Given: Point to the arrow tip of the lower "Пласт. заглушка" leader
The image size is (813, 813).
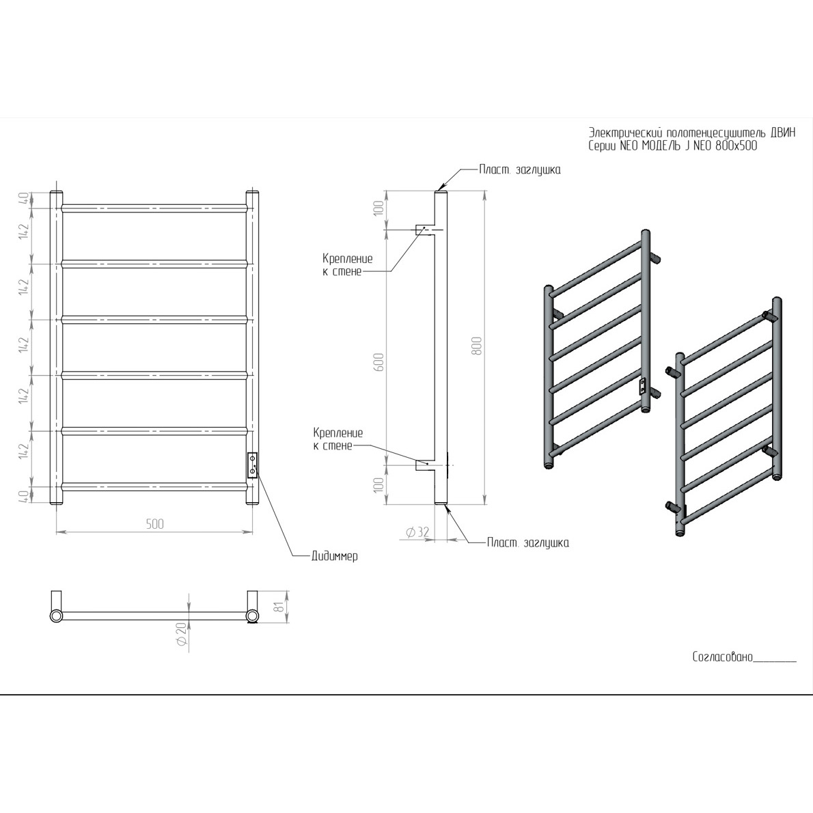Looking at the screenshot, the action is click(x=444, y=506).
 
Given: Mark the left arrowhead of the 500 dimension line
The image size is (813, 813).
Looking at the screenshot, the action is click(x=57, y=532).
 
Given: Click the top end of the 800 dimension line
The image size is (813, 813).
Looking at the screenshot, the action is click(x=485, y=191).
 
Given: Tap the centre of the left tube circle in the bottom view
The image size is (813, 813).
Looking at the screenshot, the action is click(x=56, y=616).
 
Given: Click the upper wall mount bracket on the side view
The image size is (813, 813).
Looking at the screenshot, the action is click(x=425, y=230).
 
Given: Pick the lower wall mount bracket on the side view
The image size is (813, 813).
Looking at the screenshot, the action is click(x=425, y=465).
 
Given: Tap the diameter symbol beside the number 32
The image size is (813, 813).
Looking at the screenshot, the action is click(x=410, y=532).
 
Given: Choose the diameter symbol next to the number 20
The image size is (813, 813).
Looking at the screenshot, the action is click(x=181, y=642).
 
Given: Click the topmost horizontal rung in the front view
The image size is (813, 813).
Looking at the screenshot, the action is click(x=154, y=208).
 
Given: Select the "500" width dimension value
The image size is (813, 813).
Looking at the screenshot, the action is click(x=154, y=524).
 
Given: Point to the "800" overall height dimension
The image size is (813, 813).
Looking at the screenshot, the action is click(x=477, y=346).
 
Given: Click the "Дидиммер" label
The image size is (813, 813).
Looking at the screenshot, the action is click(x=335, y=556).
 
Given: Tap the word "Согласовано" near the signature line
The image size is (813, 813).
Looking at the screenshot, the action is click(x=722, y=657).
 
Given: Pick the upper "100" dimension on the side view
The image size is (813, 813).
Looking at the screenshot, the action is click(x=379, y=208).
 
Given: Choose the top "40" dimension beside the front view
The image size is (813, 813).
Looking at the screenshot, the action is click(x=23, y=199).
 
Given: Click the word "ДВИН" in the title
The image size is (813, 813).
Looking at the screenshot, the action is click(x=783, y=133).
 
